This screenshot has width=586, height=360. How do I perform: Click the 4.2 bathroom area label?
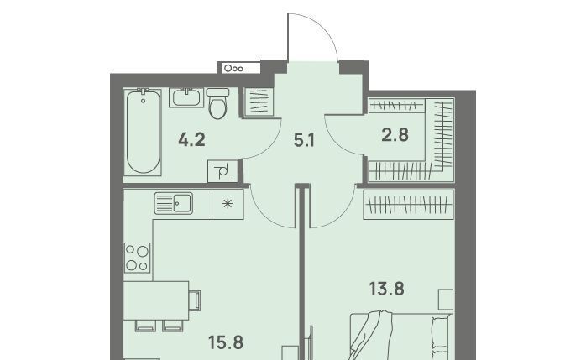click(x=191, y=140)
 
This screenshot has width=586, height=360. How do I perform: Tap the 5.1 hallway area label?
click(x=304, y=141)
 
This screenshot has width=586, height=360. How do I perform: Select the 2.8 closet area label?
click(x=395, y=135)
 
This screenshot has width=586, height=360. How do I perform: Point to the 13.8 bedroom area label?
click(x=387, y=289)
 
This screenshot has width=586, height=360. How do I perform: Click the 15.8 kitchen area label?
click(x=225, y=342)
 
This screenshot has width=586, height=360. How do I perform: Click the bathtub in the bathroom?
click(x=143, y=132)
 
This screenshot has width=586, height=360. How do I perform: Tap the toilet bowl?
click(x=217, y=103)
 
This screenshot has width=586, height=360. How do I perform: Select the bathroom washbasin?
click(x=186, y=98)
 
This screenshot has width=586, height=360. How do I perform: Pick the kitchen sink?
click(x=174, y=204)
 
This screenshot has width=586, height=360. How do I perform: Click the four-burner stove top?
click(x=137, y=258)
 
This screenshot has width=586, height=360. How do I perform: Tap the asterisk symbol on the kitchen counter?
click(x=228, y=204)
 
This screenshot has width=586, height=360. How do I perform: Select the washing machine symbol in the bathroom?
click(x=222, y=171)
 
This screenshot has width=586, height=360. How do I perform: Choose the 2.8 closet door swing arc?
click(x=336, y=143)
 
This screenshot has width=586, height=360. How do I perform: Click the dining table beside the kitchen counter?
click(x=156, y=300)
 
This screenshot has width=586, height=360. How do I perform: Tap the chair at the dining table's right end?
click(x=195, y=300)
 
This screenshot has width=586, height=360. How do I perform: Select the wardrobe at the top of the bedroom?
click(x=409, y=204)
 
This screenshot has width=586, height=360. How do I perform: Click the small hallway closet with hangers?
click(x=259, y=102)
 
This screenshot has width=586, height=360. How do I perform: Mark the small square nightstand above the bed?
click(x=446, y=299)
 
